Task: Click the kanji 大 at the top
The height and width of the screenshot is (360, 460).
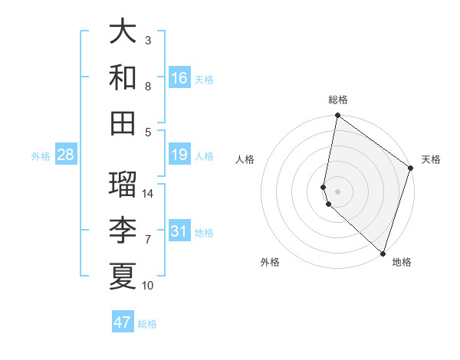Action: pyautogui.click(x=123, y=31)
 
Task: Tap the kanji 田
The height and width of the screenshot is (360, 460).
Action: pyautogui.click(x=123, y=123)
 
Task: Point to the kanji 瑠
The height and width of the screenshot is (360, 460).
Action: pyautogui.click(x=123, y=183)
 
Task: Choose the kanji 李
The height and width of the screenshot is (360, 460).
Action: pyautogui.click(x=123, y=229)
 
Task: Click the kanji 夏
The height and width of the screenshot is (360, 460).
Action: pyautogui.click(x=123, y=275)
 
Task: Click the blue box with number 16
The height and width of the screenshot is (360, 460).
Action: pyautogui.click(x=179, y=78)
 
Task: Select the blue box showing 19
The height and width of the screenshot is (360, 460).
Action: pyautogui.click(x=179, y=155)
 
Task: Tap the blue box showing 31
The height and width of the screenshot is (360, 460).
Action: pyautogui.click(x=179, y=231)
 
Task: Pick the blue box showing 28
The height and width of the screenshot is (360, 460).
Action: pyautogui.click(x=65, y=155)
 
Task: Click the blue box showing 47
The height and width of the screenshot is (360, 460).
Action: pyautogui.click(x=123, y=322)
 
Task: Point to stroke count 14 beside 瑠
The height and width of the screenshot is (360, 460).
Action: pyautogui.click(x=148, y=194)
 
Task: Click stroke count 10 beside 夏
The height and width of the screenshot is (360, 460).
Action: pyautogui.click(x=148, y=286)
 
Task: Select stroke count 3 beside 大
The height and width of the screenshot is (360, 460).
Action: pyautogui.click(x=148, y=40)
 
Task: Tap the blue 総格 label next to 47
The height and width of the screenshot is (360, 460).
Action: pyautogui.click(x=147, y=324)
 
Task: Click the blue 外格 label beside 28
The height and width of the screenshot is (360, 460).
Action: pyautogui.click(x=41, y=156)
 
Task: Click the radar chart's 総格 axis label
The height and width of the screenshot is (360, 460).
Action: pyautogui.click(x=338, y=100)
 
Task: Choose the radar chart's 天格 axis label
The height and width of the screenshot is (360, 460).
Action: pyautogui.click(x=431, y=159)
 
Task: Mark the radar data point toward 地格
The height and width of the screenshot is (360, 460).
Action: pyautogui.click(x=382, y=253)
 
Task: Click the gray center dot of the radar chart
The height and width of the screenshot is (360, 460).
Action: pyautogui.click(x=338, y=191)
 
